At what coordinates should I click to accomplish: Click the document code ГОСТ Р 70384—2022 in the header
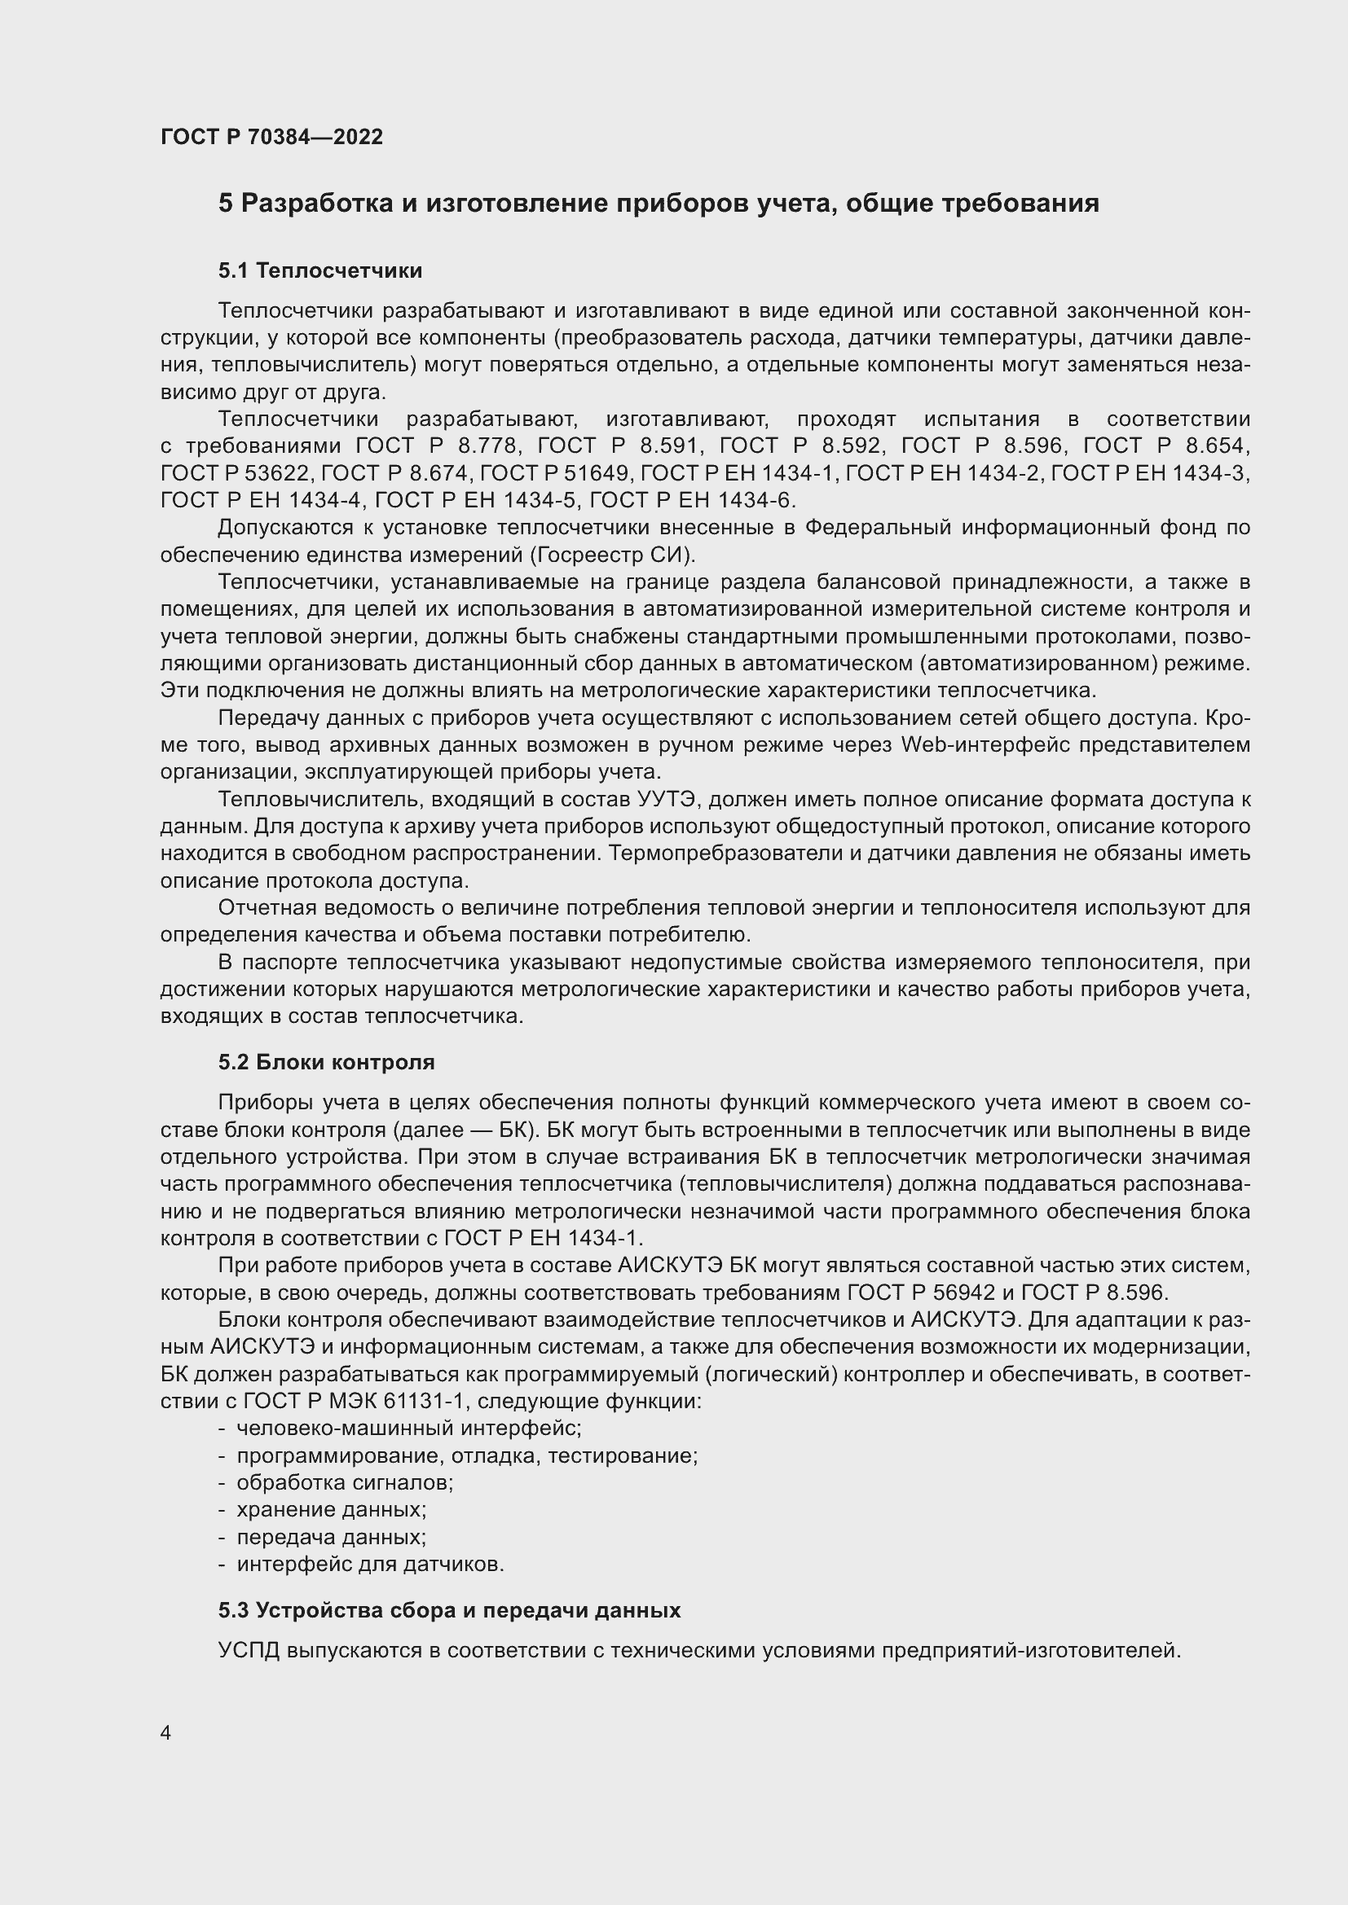[x=271, y=137]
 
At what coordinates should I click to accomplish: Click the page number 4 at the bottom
[x=166, y=1733]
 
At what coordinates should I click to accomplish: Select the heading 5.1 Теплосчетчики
[x=319, y=270]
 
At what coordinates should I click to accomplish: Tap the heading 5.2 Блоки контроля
[x=326, y=1062]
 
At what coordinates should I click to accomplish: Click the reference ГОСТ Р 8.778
[x=438, y=446]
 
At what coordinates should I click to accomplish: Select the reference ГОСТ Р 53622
[x=236, y=474]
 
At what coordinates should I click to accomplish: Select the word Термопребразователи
[x=734, y=854]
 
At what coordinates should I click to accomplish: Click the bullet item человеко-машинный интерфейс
[x=408, y=1428]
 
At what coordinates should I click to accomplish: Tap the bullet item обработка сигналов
[x=345, y=1482]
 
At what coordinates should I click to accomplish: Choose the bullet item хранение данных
[x=331, y=1509]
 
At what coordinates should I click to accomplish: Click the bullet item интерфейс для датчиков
[x=370, y=1564]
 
